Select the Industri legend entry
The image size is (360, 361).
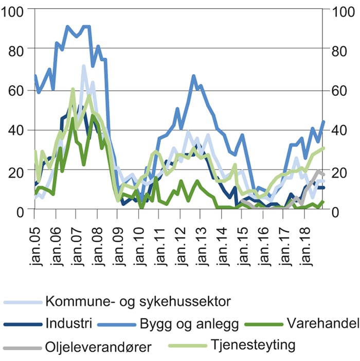click(69, 324)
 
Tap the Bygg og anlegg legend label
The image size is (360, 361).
click(189, 324)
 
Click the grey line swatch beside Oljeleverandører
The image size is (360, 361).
click(22, 348)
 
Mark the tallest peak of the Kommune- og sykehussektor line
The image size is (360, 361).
click(83, 66)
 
